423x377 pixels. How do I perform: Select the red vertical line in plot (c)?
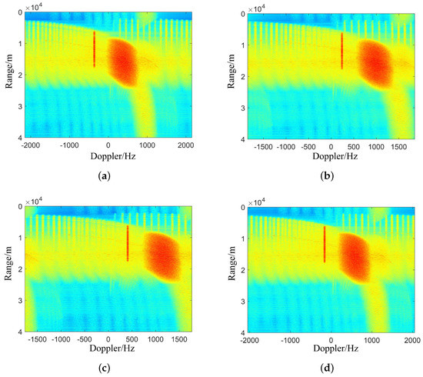pos(128,243)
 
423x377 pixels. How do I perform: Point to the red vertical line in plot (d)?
pos(325,244)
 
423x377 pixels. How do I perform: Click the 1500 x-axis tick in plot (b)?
pos(387,145)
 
